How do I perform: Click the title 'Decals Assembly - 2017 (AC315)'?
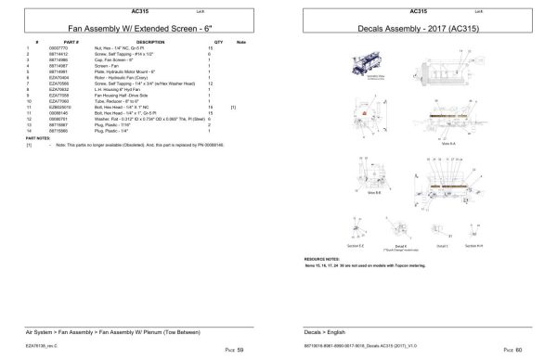(417, 28)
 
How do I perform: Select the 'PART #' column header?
(71, 43)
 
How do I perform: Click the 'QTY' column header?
(219, 43)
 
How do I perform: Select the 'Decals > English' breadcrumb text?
(324, 330)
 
